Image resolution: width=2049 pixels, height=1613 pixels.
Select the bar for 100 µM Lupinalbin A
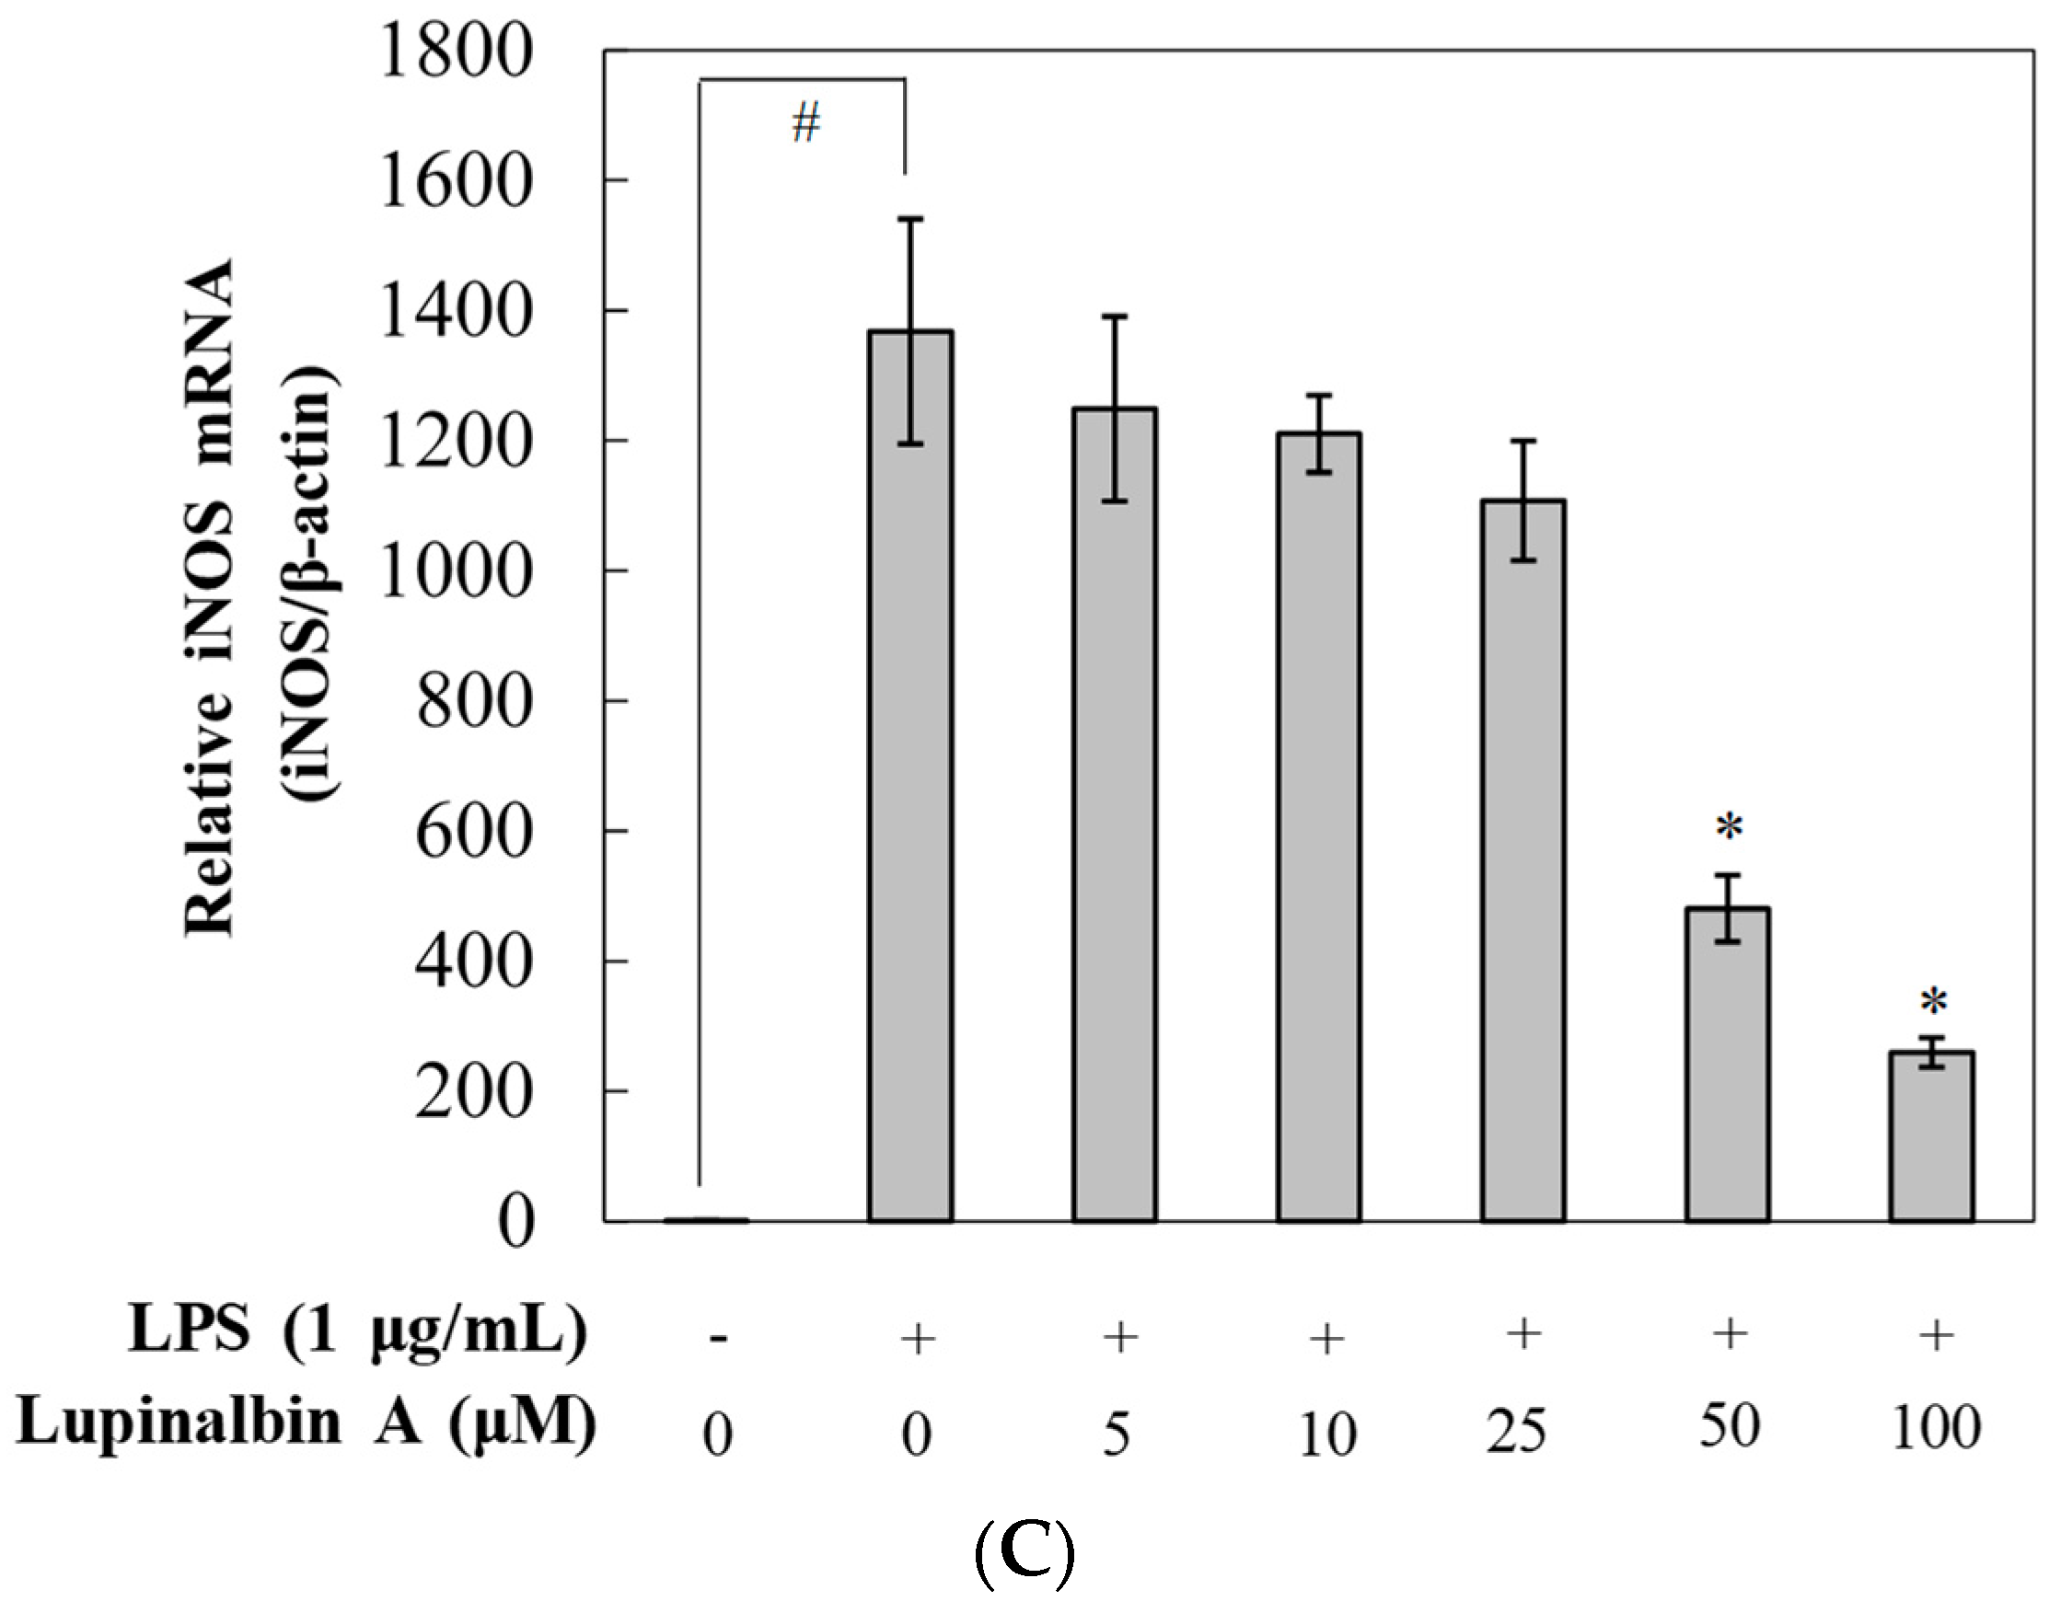(x=1932, y=1137)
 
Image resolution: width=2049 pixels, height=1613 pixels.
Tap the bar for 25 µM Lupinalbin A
(x=1522, y=859)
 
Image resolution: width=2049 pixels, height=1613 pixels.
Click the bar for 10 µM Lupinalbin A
(x=1319, y=826)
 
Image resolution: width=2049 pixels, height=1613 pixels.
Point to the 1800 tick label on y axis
(x=456, y=51)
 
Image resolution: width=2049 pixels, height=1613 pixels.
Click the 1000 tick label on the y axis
(x=456, y=571)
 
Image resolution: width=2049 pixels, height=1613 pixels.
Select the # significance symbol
(x=805, y=123)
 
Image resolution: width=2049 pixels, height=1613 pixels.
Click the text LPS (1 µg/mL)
(x=357, y=1332)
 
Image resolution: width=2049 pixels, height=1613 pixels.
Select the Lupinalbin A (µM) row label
(x=307, y=1423)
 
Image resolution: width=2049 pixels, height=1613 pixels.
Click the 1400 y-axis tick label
(x=456, y=312)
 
